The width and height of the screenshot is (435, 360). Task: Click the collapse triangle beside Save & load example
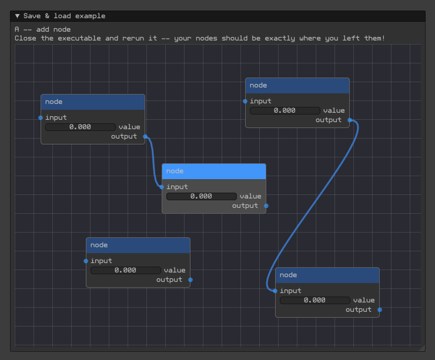(17, 16)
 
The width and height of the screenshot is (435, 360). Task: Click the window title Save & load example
(64, 16)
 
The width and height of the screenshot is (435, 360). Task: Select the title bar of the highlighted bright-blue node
(214, 171)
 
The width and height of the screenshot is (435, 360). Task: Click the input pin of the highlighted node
(162, 187)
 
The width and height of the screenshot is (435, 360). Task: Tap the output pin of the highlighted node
(266, 206)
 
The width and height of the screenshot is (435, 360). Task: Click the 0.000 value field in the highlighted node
(202, 197)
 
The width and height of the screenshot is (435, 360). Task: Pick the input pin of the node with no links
(86, 261)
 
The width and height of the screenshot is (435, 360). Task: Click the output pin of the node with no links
(190, 280)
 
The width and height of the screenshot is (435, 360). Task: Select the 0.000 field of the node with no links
(126, 271)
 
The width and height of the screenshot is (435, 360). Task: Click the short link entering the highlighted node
(153, 162)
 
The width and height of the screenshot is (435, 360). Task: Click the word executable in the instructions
(79, 38)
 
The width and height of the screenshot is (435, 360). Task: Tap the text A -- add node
(43, 29)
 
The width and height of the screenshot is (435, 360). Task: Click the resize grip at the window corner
(421, 348)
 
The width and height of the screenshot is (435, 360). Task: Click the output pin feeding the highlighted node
(145, 137)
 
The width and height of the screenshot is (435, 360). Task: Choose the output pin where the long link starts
(350, 120)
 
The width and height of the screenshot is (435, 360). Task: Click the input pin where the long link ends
(275, 291)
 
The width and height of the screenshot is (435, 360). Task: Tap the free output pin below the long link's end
(380, 310)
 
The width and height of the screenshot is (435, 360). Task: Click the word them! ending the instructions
(375, 38)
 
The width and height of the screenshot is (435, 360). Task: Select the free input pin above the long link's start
(245, 102)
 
